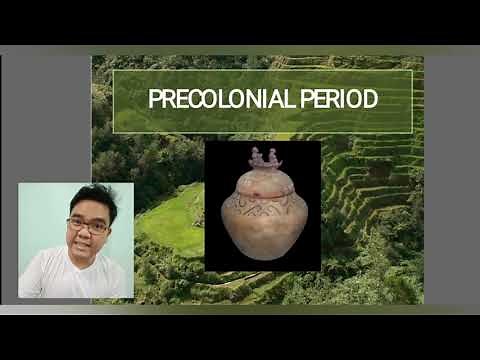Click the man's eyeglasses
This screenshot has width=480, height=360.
click(x=88, y=226)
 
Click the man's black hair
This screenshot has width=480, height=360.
click(x=92, y=198)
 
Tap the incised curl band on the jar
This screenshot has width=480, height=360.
click(x=262, y=211)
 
